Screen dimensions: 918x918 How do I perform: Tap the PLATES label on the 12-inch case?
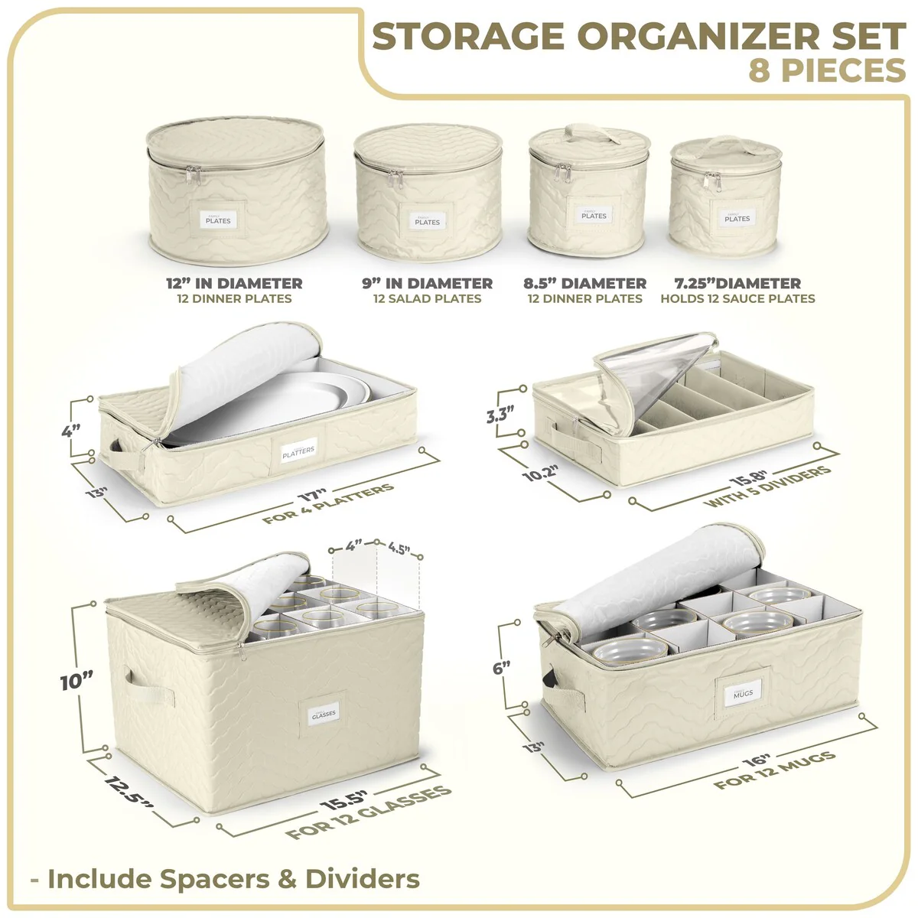[218, 220]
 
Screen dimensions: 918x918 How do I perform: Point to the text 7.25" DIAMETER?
[737, 283]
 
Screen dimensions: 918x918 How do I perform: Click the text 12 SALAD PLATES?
[427, 299]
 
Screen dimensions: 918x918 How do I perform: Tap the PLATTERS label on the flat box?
[298, 451]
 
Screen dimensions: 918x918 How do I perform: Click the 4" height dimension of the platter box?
[71, 430]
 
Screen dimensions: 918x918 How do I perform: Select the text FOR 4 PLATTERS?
[329, 504]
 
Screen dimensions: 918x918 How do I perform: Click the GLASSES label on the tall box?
[324, 714]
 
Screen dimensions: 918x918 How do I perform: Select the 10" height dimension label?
[76, 680]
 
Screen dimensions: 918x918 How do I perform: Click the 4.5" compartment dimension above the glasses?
[399, 549]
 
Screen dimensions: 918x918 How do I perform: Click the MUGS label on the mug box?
[743, 693]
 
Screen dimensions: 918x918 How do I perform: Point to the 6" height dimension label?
[501, 667]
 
